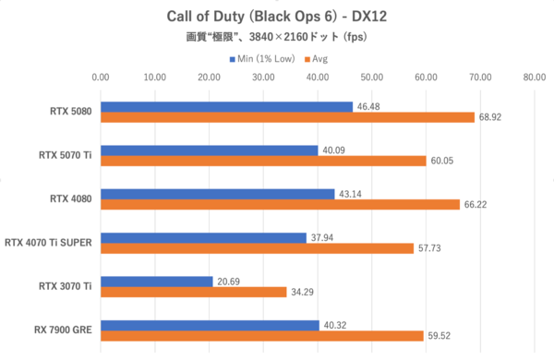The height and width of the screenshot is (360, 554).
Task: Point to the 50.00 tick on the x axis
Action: coord(371,78)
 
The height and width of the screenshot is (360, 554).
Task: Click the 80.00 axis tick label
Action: coord(534,78)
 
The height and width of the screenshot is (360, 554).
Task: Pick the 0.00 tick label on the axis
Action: coord(101,78)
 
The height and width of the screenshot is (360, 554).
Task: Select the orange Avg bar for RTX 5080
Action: coord(287,117)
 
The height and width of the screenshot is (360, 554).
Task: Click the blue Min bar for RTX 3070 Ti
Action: coord(157,281)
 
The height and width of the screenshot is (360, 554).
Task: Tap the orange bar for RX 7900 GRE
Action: coord(262,335)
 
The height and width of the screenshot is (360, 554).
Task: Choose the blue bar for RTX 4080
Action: coord(218,194)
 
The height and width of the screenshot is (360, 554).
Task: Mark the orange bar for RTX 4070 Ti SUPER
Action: coord(257,248)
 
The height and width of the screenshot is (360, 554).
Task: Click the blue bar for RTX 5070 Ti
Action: coord(210,150)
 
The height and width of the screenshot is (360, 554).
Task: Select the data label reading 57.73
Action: coord(430,248)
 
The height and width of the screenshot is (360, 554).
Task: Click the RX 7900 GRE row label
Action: coord(62,330)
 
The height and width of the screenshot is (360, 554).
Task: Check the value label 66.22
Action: coord(476,204)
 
